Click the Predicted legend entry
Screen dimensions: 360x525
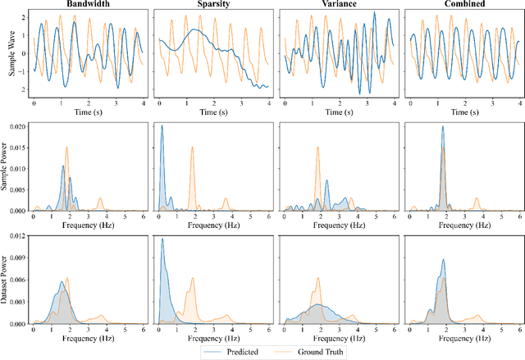click(x=246, y=352)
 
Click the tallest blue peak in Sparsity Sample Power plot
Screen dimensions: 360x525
click(x=162, y=126)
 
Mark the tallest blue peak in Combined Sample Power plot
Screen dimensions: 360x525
click(x=442, y=127)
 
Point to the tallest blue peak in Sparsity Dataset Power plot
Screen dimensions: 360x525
click(x=162, y=239)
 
